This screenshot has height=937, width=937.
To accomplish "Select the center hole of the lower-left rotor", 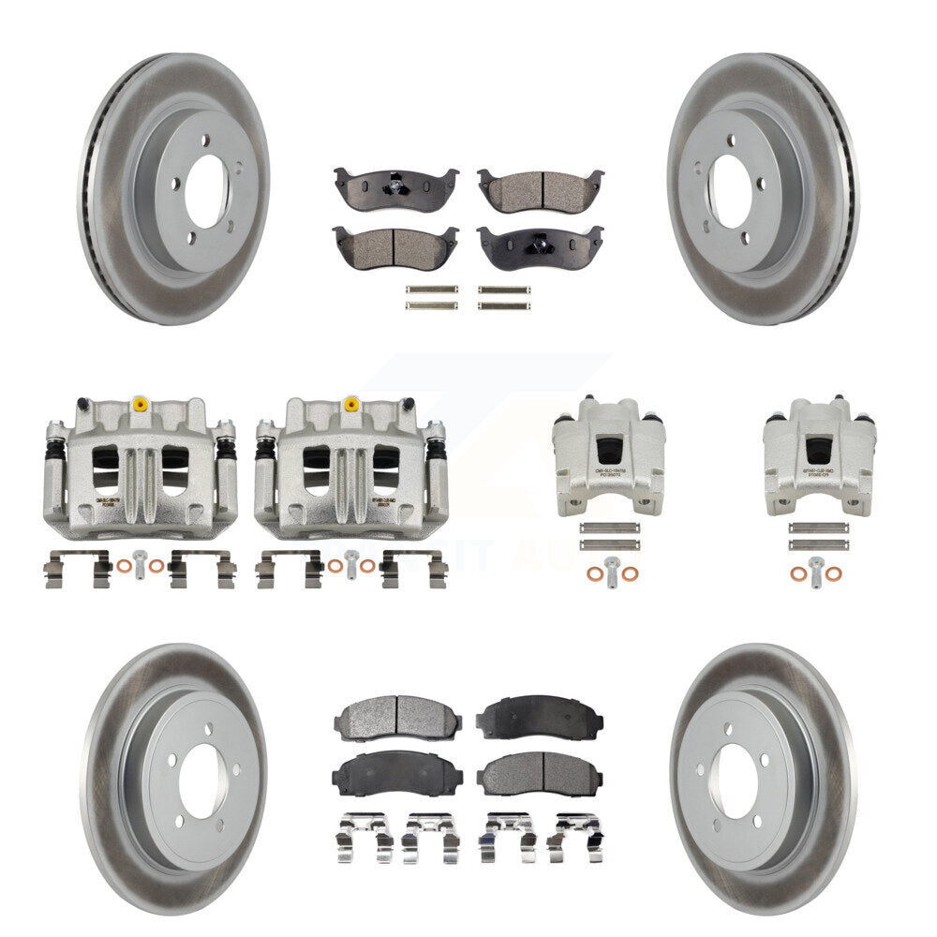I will click(201, 781).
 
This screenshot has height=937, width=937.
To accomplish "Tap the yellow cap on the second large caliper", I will click(351, 406).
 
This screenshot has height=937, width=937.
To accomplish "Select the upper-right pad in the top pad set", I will click(540, 190).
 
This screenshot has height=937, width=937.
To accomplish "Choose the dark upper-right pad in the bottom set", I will click(540, 718).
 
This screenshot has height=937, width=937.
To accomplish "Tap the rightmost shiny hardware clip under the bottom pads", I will click(573, 835).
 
